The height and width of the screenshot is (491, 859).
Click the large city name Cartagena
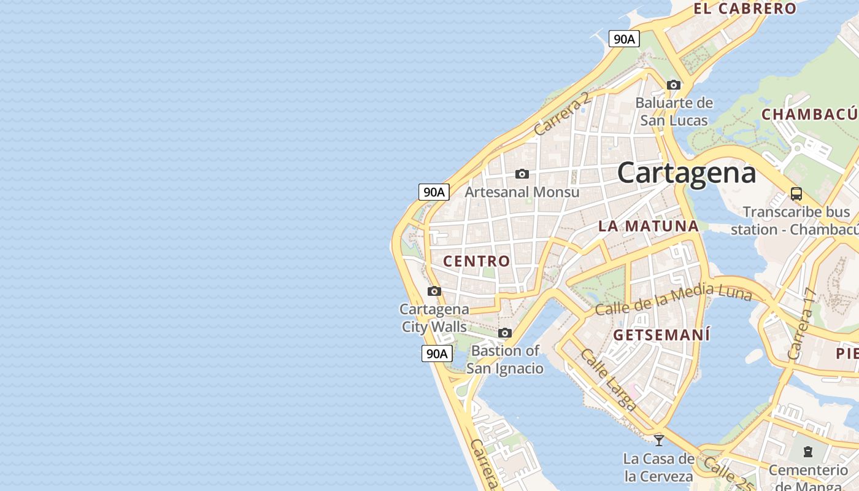click(x=686, y=172)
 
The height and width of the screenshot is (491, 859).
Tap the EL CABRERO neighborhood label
click(x=745, y=9)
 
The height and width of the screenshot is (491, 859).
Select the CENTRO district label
click(x=477, y=261)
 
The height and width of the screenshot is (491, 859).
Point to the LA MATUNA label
click(x=649, y=226)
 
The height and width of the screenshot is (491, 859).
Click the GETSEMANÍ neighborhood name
click(x=661, y=335)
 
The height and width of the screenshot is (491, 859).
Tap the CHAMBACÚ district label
click(x=809, y=115)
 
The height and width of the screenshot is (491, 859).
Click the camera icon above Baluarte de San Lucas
click(x=674, y=85)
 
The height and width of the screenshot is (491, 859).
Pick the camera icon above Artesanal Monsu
click(x=522, y=174)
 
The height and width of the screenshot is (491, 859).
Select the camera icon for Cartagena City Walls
click(x=434, y=291)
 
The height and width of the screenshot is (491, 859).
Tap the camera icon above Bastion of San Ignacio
click(x=505, y=333)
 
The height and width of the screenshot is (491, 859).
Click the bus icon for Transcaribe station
click(x=796, y=194)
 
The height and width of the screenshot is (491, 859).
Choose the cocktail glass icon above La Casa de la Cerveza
click(x=659, y=440)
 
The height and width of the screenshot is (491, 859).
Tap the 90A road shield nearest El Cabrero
click(x=624, y=39)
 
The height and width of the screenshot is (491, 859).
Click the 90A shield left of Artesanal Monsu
click(x=434, y=192)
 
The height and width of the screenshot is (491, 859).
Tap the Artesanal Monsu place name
click(x=522, y=192)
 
